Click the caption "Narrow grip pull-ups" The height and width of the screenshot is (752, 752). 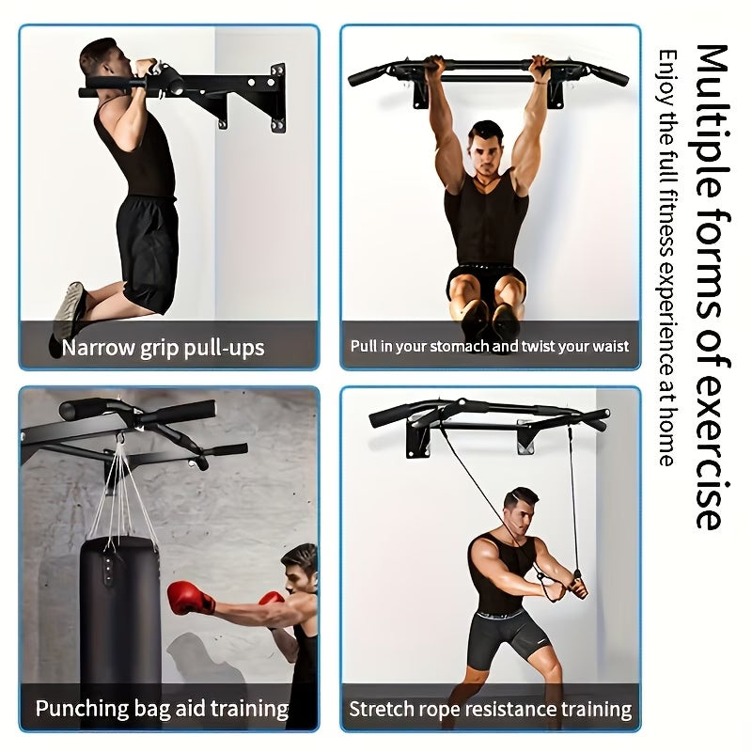(x=164, y=349)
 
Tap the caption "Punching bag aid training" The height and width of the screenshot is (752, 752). (x=162, y=708)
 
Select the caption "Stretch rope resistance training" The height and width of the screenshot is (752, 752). (x=490, y=708)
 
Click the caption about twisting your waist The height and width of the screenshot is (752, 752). (x=490, y=346)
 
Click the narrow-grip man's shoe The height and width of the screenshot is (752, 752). (x=69, y=310)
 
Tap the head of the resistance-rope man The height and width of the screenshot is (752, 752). (x=519, y=508)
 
